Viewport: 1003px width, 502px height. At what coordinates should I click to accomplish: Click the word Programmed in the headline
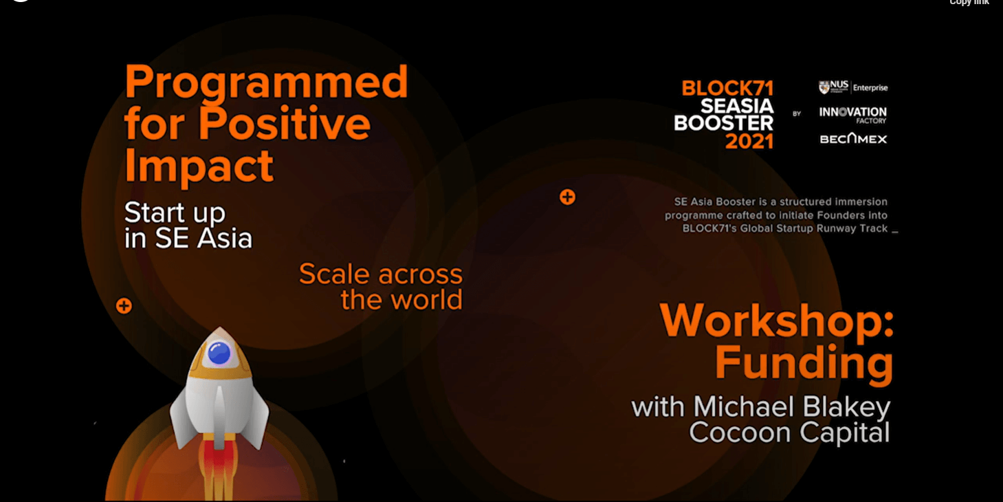pos(267,83)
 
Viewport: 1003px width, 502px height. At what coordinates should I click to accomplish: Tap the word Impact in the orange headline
pos(199,166)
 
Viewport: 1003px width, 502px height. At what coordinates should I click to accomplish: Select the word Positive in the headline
pos(285,123)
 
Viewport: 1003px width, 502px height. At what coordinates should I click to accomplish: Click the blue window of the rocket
pos(219,353)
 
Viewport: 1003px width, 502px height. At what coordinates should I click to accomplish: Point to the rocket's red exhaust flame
pos(219,470)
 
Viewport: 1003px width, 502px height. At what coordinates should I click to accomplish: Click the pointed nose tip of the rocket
pos(219,327)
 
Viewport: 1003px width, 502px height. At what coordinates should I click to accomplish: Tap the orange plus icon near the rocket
pos(124,306)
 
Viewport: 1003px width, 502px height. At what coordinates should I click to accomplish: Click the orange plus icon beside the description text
pos(567,197)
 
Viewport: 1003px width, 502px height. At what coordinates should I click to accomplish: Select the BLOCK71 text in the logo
pos(727,88)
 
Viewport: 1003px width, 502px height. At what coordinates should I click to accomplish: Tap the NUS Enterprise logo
pos(853,87)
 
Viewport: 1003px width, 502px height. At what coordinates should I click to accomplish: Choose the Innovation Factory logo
pos(852,115)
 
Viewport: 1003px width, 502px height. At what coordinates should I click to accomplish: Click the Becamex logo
pos(853,139)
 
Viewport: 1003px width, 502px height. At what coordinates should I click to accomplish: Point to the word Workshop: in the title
pos(777,320)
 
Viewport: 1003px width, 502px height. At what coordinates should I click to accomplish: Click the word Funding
pos(804,362)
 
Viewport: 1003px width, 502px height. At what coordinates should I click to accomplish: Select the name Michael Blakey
pos(792,407)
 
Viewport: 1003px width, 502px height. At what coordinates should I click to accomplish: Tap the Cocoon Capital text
pos(789,433)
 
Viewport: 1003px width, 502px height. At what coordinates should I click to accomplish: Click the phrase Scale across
pos(381,274)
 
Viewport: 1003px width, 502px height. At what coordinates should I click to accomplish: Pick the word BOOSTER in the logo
pos(724,123)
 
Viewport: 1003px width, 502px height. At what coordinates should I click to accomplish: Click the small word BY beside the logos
pos(797,113)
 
